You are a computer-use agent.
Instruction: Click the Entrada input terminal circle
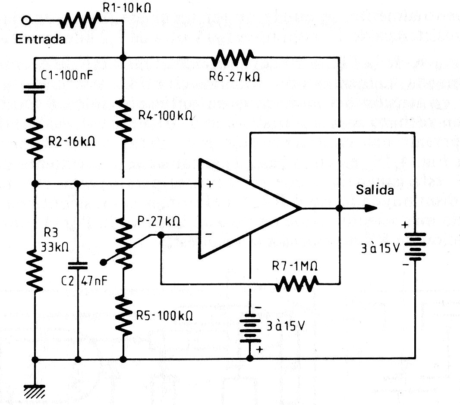[28, 20]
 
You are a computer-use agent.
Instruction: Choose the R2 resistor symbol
[34, 137]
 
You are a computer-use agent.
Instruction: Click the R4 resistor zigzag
[123, 121]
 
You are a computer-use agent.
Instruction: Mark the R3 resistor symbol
[34, 269]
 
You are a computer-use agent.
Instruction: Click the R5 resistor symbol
[123, 315]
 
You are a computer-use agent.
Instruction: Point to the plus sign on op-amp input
[210, 184]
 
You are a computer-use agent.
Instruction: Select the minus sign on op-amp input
[209, 234]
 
